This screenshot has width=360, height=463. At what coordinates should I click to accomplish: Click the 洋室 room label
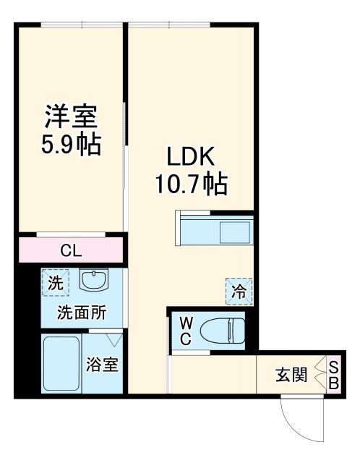coord(70,116)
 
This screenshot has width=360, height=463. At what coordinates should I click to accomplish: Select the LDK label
coord(191,157)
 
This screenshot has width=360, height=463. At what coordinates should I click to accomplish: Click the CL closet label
coord(71,251)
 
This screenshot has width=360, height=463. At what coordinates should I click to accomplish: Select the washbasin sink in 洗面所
coord(93,280)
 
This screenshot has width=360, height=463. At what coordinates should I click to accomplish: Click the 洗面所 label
coord(82,313)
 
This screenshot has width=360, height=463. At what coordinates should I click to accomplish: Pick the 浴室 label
coord(103,364)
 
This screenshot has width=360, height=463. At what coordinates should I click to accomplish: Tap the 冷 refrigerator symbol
coord(239,291)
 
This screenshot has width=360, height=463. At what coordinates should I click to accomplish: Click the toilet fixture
coord(220,331)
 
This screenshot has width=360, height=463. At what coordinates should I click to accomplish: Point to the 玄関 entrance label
coord(291,375)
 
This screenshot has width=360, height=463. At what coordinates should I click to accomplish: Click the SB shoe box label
coord(334,375)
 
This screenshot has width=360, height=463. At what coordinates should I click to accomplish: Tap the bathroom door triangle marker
coord(112,338)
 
